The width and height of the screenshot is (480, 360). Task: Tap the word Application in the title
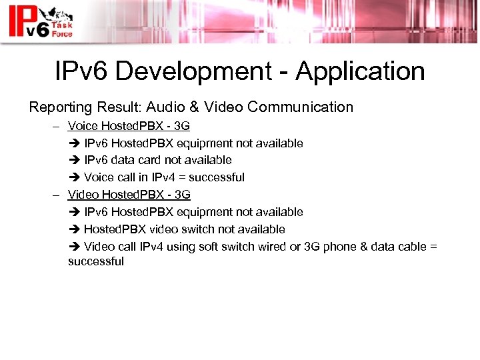360,71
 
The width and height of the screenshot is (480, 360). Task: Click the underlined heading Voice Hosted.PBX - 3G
129,126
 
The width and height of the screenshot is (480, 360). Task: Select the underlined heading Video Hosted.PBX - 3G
129,195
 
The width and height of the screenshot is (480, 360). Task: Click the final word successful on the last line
96,261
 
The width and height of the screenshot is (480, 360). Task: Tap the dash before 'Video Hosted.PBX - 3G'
58,195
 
